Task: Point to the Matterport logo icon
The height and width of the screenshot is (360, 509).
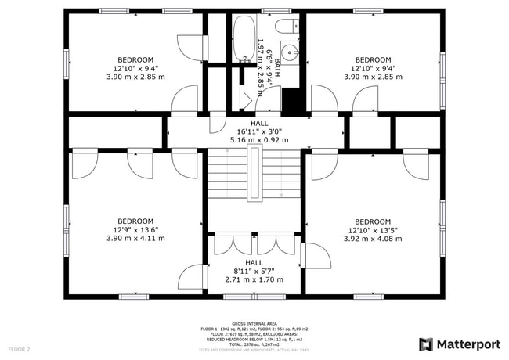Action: (426, 344)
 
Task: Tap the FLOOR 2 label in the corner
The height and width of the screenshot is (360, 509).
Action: (19, 348)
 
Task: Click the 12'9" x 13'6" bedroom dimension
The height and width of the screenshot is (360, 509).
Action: (135, 230)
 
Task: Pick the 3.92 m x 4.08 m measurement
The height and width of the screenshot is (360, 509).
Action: (373, 239)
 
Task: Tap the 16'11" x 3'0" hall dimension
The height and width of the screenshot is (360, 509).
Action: (259, 131)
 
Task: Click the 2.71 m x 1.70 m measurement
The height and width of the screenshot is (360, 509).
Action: (254, 279)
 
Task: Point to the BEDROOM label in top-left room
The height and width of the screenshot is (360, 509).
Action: (135, 59)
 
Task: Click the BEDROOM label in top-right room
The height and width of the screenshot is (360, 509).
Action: (373, 59)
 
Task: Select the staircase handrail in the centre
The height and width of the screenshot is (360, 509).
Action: (254, 173)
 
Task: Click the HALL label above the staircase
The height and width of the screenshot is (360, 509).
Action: (259, 123)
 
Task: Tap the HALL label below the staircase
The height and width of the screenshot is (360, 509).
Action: (254, 262)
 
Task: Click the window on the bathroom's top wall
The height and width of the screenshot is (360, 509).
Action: (272, 11)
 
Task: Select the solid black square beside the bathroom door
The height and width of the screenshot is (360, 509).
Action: (291, 102)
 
